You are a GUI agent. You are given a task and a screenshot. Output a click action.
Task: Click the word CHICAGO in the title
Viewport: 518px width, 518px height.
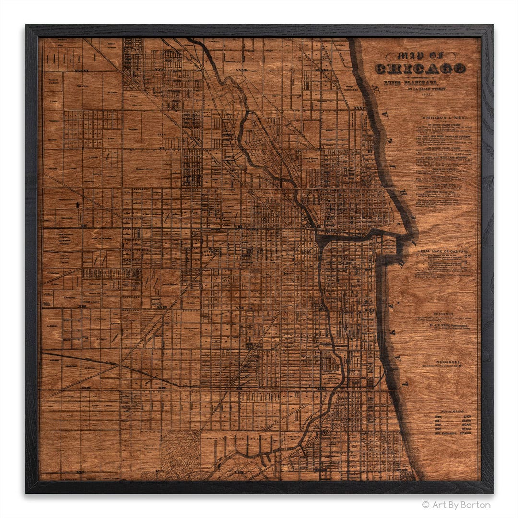420,68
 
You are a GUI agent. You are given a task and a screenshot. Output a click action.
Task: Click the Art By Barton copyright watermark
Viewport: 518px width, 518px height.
456,505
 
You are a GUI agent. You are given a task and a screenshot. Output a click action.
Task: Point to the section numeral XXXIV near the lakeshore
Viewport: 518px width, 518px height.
359,108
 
